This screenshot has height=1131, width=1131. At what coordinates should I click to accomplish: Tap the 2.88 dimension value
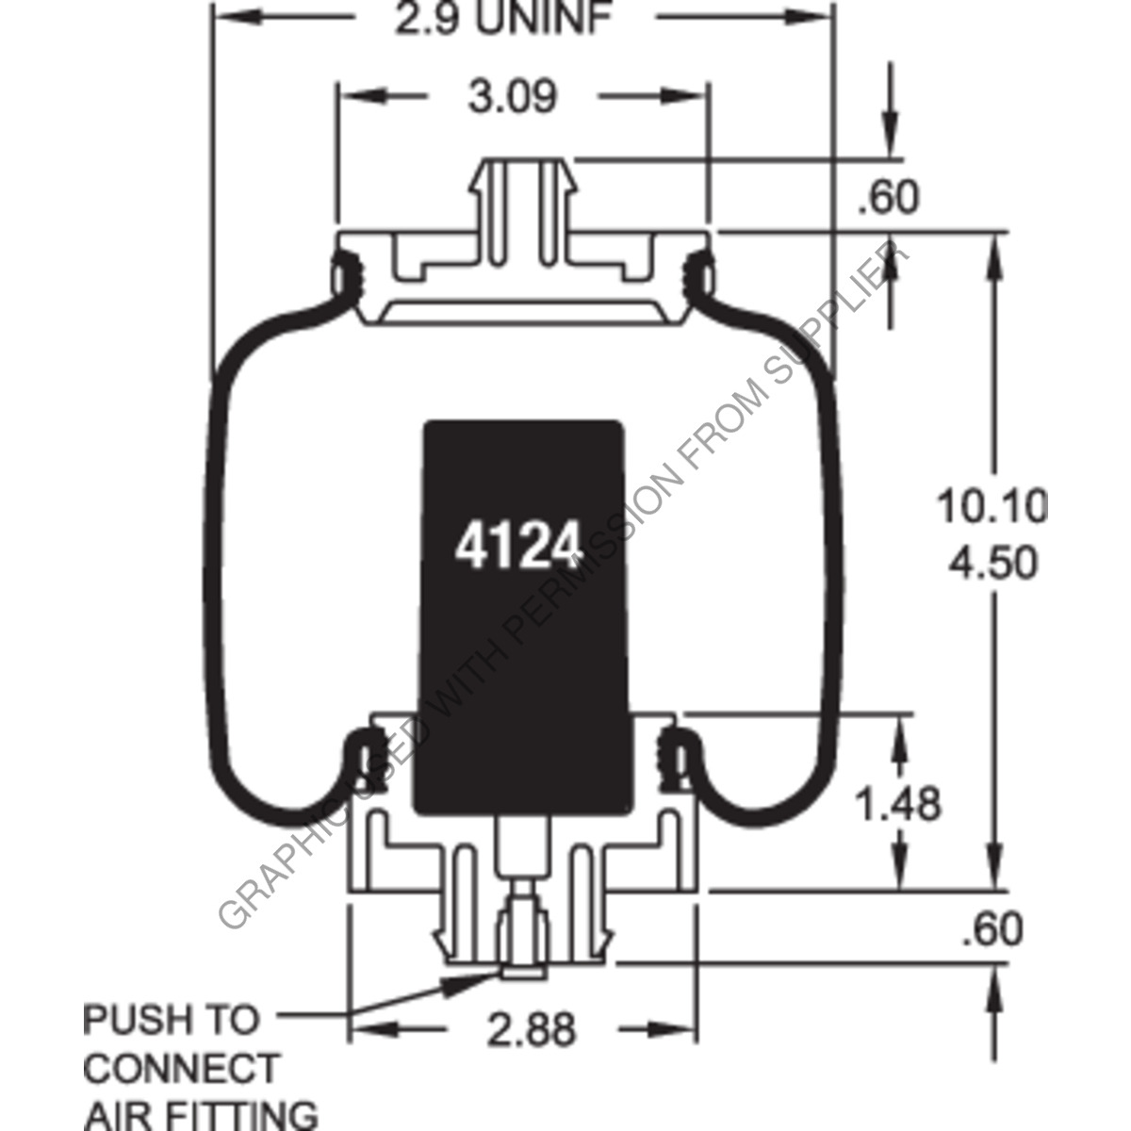532,1029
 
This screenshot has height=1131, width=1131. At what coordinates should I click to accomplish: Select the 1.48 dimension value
896,804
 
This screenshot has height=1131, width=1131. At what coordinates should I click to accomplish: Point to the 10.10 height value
991,508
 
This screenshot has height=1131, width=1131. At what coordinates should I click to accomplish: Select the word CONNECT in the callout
182,1069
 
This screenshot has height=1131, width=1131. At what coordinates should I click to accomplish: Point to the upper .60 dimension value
887,198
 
